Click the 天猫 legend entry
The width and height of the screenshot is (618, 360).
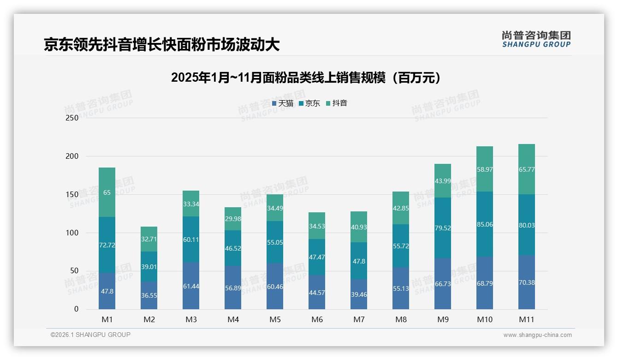pyautogui.click(x=283, y=103)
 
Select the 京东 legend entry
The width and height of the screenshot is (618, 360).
pyautogui.click(x=309, y=103)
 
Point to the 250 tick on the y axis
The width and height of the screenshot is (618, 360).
pyautogui.click(x=72, y=118)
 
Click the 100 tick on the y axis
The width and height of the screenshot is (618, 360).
pyautogui.click(x=72, y=233)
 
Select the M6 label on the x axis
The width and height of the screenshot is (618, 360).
pyautogui.click(x=317, y=319)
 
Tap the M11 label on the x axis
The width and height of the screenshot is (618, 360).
pyautogui.click(x=526, y=319)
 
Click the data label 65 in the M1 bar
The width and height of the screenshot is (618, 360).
pyautogui.click(x=107, y=192)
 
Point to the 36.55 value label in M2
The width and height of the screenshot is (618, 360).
pyautogui.click(x=149, y=295)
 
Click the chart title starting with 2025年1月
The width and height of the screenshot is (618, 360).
pyautogui.click(x=306, y=78)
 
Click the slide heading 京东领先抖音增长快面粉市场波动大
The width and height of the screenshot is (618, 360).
pyautogui.click(x=161, y=45)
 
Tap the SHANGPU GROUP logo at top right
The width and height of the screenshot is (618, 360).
pyautogui.click(x=536, y=39)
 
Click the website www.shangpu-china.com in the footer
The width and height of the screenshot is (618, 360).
pyautogui.click(x=537, y=335)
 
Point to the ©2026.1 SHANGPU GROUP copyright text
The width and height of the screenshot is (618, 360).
pyautogui.click(x=90, y=335)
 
